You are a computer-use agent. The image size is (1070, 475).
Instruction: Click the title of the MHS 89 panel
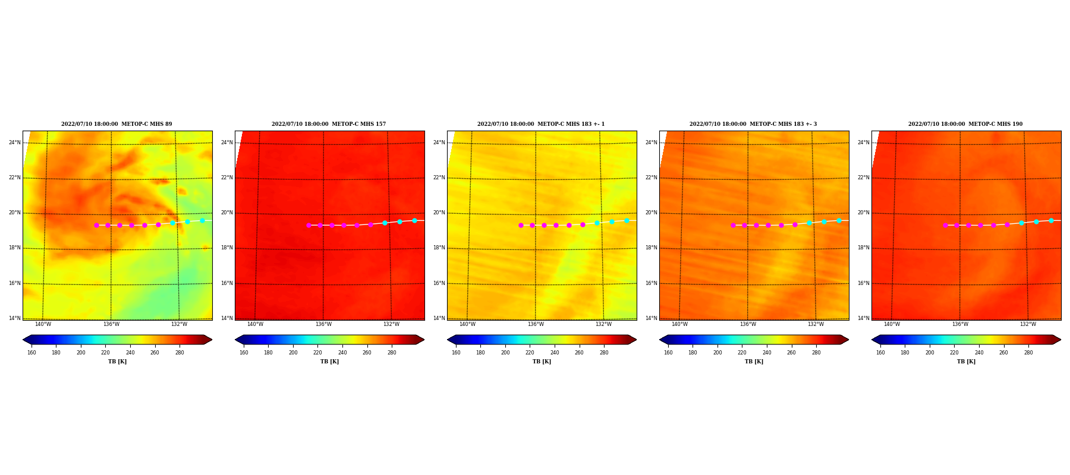[117, 124]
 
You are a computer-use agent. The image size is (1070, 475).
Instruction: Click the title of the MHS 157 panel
[329, 124]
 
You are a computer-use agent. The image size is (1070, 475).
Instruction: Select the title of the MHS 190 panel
[965, 124]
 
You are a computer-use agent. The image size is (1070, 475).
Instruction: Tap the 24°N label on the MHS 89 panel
[14, 142]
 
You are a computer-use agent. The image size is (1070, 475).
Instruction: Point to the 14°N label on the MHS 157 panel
[226, 318]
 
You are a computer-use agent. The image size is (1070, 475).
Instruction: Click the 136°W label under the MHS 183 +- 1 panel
[536, 324]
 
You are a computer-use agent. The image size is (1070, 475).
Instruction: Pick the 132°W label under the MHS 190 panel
[1028, 324]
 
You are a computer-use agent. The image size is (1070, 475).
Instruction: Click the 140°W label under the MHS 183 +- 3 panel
[679, 324]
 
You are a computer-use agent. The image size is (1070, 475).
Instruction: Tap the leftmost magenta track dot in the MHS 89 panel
[96, 225]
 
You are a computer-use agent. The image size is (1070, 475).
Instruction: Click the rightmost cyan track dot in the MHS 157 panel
[414, 220]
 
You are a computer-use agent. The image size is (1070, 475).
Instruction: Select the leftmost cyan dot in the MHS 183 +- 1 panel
[597, 223]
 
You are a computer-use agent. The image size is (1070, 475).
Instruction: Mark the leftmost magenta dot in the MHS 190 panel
[945, 225]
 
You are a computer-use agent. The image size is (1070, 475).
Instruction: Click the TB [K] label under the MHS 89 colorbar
[117, 362]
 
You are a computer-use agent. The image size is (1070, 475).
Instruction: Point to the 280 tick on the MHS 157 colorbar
[392, 353]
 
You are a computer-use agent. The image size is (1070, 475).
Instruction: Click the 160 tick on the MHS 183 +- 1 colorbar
[456, 353]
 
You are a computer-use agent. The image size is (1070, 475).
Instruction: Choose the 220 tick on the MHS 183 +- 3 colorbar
[742, 353]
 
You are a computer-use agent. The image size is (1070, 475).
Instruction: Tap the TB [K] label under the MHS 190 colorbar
[966, 362]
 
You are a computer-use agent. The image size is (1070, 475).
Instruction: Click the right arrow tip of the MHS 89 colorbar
[212, 340]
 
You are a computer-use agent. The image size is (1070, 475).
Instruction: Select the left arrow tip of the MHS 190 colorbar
[872, 340]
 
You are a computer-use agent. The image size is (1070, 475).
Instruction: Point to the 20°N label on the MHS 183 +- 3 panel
[651, 213]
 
